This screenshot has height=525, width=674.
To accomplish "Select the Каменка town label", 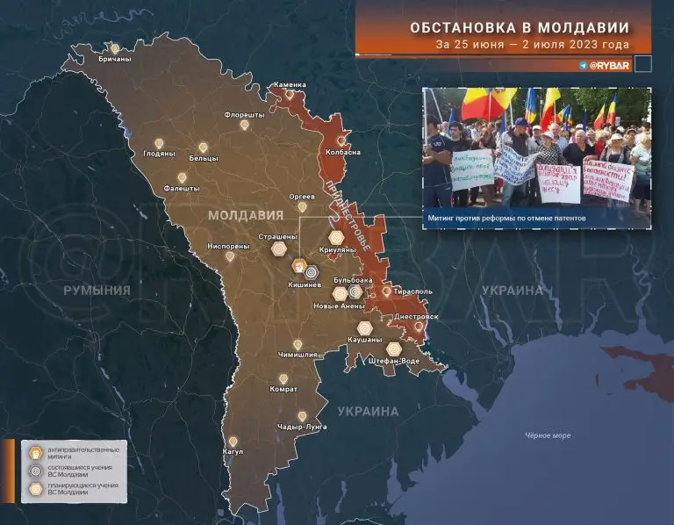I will click(290, 85).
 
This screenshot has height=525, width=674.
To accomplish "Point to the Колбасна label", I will click(343, 152).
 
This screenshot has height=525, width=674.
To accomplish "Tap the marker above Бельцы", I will click(203, 147).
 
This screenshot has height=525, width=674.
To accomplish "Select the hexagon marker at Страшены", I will click(278, 248).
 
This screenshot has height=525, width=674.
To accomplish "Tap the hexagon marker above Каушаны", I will click(364, 327).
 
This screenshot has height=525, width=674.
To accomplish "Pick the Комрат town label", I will click(283, 389).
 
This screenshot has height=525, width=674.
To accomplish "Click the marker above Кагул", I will click(233, 442).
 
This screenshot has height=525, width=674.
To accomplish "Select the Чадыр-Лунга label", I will click(302, 427).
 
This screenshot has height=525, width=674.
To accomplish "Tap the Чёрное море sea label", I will click(548, 435).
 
